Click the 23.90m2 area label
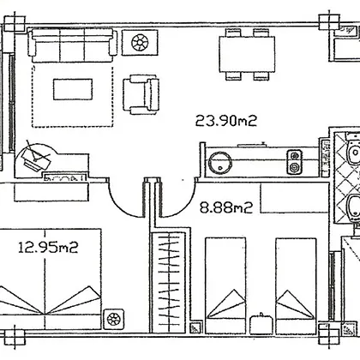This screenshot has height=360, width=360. pyautogui.click(x=226, y=121)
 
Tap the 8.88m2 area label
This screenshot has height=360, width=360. pyautogui.click(x=226, y=207)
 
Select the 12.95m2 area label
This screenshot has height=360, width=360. pyautogui.click(x=48, y=247)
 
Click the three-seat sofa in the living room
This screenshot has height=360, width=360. pyautogui.click(x=73, y=45)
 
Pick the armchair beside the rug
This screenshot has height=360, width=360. pyautogui.click(x=141, y=94)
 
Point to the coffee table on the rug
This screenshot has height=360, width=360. pyautogui.click(x=73, y=89)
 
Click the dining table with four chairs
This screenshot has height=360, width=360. pyautogui.click(x=247, y=54)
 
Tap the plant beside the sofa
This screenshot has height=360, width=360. pyautogui.click(x=140, y=43)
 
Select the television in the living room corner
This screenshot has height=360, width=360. pyautogui.click(x=36, y=157)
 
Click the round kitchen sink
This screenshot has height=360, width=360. pyautogui.click(x=219, y=163)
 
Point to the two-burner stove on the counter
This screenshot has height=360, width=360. pyautogui.click(x=294, y=162)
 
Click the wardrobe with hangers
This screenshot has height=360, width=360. pyautogui.click(x=169, y=282)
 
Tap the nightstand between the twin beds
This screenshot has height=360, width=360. pyautogui.click(x=261, y=324)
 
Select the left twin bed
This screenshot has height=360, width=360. pyautogui.click(x=225, y=285)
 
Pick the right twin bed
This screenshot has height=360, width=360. pyautogui.click(x=296, y=285)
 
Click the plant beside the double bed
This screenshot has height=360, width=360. pyautogui.click(x=113, y=319)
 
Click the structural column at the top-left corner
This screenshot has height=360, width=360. pyautogui.click(x=15, y=24)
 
